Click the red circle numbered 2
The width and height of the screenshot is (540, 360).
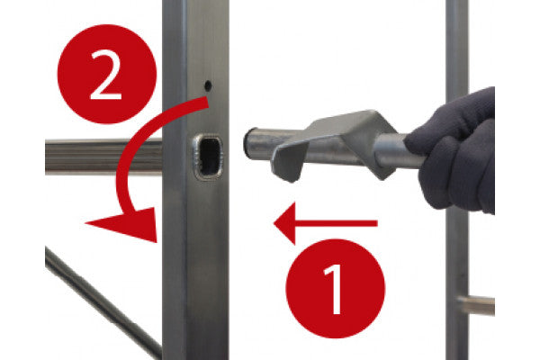pyautogui.click(x=107, y=74)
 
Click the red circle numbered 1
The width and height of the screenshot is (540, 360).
pyautogui.click(x=336, y=288)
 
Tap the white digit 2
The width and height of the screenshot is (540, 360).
pyautogui.click(x=106, y=75)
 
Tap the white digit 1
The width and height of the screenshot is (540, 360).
pyautogui.click(x=333, y=289)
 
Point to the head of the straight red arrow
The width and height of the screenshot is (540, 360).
pyautogui.click(x=284, y=223)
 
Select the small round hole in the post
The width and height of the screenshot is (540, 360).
pyautogui.click(x=208, y=85)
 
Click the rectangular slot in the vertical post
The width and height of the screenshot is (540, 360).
pyautogui.click(x=210, y=157)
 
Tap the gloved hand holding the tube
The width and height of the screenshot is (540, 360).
pyautogui.click(x=454, y=151)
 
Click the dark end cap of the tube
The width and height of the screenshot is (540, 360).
pyautogui.click(x=248, y=142)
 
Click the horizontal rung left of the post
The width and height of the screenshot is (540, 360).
pyautogui.click(x=103, y=156)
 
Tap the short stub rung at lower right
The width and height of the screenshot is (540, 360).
pyautogui.click(x=477, y=305)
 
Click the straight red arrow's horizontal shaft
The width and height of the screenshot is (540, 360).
pyautogui.click(x=336, y=223)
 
